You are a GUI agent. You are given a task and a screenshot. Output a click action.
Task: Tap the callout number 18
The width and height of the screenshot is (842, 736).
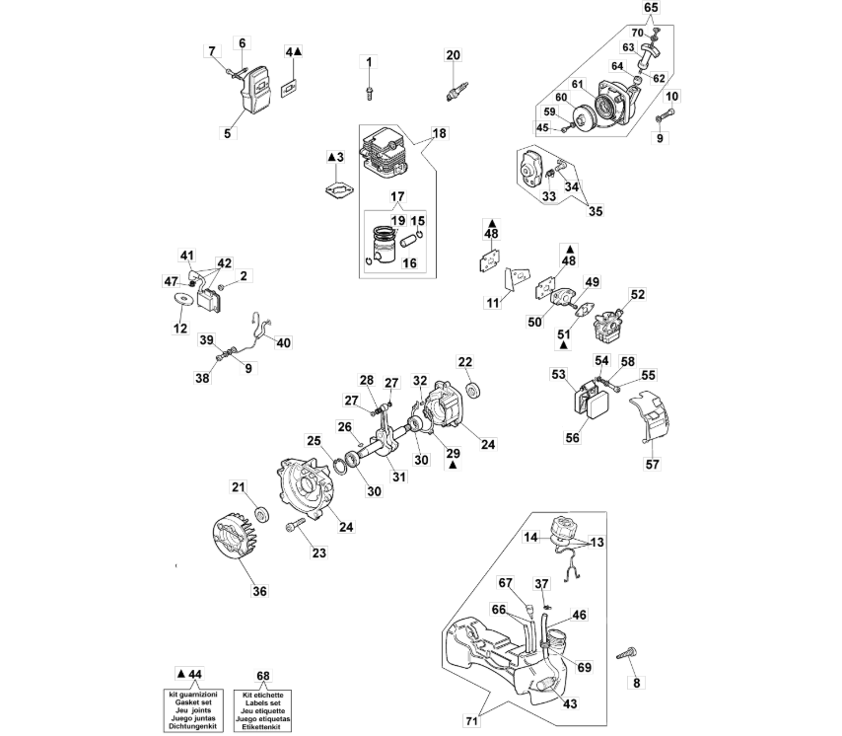tap(440, 133)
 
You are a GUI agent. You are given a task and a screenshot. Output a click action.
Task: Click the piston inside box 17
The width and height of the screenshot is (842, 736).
tap(386, 247)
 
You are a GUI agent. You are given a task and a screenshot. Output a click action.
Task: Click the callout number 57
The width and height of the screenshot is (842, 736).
tap(652, 464)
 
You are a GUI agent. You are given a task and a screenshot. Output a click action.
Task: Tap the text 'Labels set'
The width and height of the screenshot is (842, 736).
tap(262, 702)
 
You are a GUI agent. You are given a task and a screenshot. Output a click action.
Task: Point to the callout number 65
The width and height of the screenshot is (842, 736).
tap(651, 8)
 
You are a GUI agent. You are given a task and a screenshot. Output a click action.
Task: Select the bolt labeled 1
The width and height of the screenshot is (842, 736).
tap(369, 93)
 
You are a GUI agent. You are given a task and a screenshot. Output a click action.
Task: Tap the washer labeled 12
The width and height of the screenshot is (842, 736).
tap(184, 299)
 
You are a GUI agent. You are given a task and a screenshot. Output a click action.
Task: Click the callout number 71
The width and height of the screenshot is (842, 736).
tap(471, 721)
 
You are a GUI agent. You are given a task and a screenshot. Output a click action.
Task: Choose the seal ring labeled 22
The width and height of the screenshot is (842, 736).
tap(473, 390)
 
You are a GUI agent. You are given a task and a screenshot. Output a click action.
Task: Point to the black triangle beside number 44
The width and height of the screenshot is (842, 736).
tap(181, 674)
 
